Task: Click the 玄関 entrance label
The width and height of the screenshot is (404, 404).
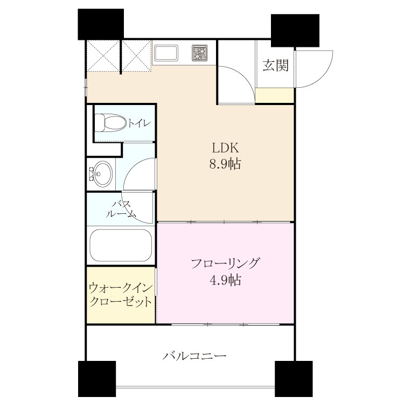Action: pos(275,65)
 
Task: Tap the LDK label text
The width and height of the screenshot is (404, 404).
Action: pos(225,148)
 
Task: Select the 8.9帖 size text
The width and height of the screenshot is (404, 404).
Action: pos(225,164)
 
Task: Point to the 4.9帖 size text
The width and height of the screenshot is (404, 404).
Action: pos(225,280)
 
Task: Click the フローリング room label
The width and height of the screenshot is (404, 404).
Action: pos(225,263)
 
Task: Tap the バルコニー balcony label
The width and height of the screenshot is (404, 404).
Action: pos(194,356)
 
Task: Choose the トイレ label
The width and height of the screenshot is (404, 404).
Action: pos(139,123)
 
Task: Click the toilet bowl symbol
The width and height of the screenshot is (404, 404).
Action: pos(110,123)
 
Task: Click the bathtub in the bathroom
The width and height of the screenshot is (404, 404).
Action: pos(121,245)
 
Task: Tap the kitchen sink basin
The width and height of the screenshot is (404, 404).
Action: pos(165,53)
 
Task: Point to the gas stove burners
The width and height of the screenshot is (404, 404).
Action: pos(200,53)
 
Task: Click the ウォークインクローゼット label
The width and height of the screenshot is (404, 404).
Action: pos(120,295)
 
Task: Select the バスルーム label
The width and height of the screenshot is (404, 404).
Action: pos(121,208)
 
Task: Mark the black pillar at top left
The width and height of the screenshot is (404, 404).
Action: pos(101,24)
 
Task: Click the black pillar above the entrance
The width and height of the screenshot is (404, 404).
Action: pos(295,30)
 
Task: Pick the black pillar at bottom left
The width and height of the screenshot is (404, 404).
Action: pos(97,379)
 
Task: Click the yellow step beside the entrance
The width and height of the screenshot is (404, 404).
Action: pos(275,95)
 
